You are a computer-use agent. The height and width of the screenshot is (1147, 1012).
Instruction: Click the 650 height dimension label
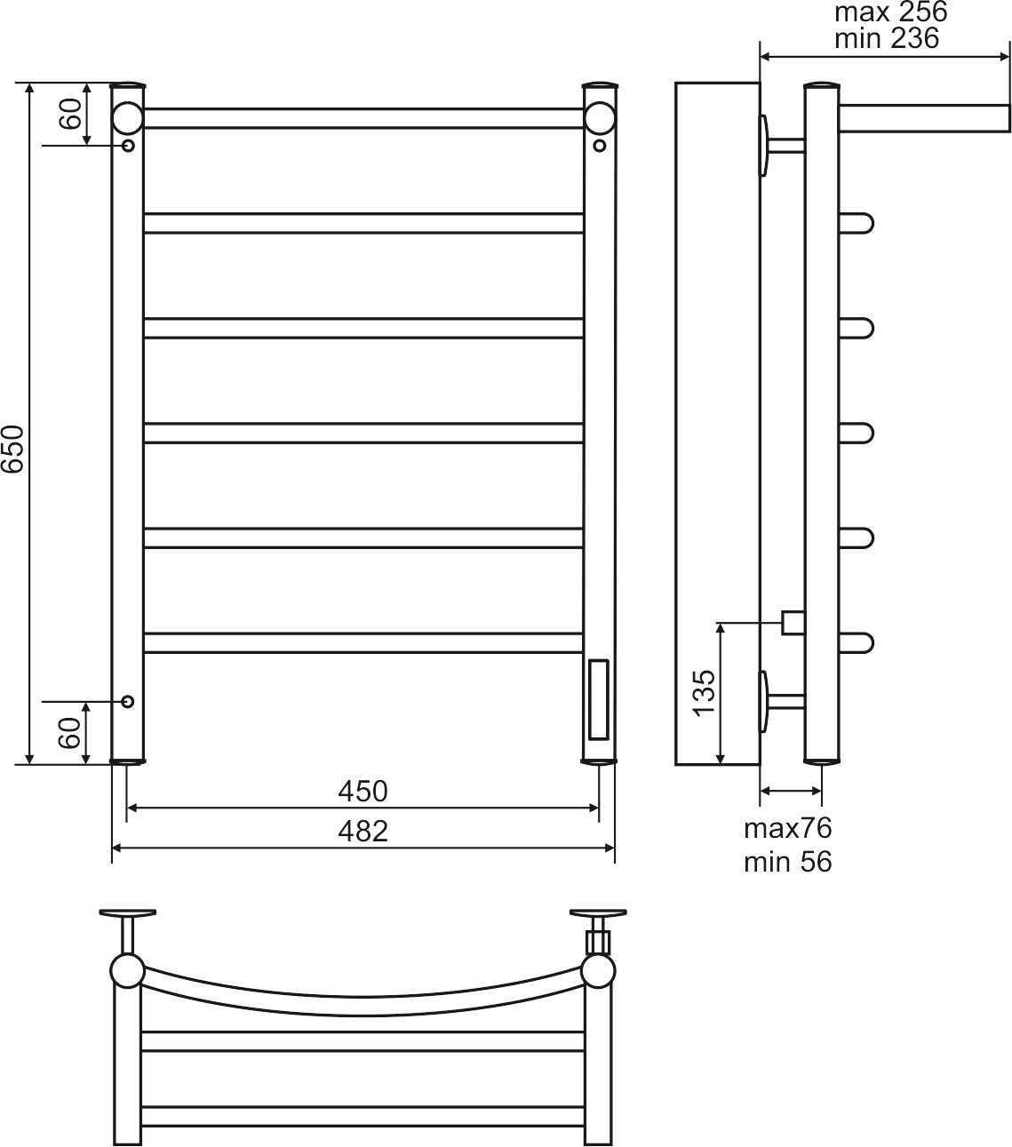click(x=12, y=449)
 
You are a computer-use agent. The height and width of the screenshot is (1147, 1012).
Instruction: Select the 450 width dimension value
click(x=363, y=792)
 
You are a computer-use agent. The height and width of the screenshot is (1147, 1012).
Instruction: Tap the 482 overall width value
click(x=363, y=832)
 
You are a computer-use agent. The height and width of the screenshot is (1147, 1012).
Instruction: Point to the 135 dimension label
click(x=705, y=693)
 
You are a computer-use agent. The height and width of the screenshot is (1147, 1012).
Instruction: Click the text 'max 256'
click(x=891, y=12)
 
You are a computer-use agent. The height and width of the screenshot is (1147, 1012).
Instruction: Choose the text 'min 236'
click(x=887, y=38)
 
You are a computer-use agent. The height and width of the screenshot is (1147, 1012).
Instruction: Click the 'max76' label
click(x=788, y=828)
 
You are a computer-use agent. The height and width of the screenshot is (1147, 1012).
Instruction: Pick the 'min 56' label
click(x=788, y=862)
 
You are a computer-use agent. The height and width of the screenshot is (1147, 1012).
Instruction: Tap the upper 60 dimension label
click(x=70, y=114)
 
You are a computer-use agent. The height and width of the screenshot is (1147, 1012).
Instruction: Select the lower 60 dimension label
click(x=70, y=733)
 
